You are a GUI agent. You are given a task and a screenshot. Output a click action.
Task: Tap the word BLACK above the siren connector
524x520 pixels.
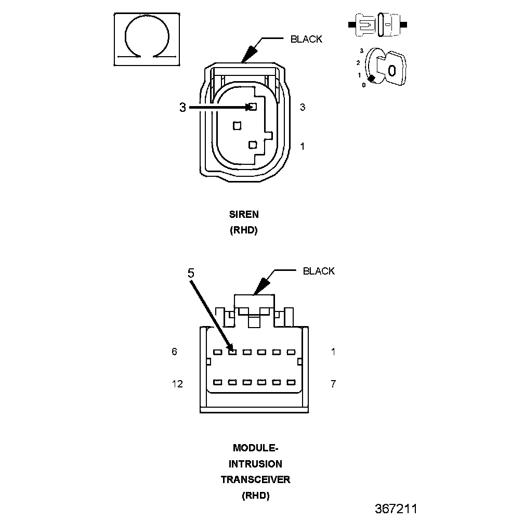tap(306, 39)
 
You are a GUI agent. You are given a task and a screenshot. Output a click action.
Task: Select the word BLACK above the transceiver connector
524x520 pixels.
tap(319, 271)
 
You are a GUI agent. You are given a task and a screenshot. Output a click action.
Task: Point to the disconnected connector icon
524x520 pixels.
tap(377, 25)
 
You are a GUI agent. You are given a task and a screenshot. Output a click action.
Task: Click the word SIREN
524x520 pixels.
tap(244, 214)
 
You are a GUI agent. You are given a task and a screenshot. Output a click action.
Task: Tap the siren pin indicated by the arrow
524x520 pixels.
tap(253, 107)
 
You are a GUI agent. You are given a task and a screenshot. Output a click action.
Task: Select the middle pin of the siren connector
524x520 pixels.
tap(237, 126)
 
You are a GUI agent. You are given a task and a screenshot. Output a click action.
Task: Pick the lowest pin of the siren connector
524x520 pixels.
tap(253, 145)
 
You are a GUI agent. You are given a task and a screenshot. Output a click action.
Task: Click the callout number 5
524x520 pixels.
tap(191, 273)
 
